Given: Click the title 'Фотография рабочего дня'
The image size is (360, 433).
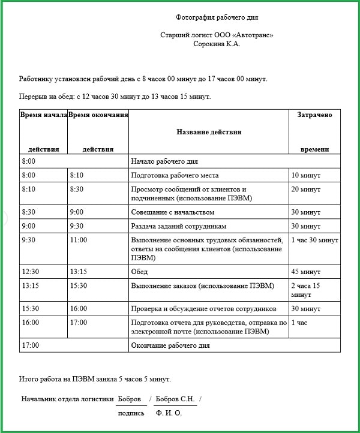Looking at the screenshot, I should tap(217, 17).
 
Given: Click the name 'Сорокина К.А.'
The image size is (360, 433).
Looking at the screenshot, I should tap(217, 44).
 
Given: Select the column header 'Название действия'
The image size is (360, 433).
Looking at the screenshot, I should tap(209, 132).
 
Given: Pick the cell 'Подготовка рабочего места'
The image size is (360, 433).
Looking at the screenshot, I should tap(175, 175).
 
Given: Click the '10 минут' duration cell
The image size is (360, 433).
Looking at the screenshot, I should tap(305, 175).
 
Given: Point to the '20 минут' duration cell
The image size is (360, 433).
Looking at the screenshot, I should tap(305, 189).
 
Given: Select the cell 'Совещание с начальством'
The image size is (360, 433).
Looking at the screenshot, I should tap(173, 212).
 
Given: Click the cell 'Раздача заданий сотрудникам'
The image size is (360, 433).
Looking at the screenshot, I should tap(178, 226).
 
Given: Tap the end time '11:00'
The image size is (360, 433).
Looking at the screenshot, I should tap(79, 240).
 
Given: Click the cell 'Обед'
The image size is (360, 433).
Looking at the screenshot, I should tap(139, 272).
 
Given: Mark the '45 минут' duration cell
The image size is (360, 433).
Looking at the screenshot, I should tap(305, 272).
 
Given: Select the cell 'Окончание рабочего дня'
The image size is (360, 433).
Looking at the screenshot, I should tap(170, 345).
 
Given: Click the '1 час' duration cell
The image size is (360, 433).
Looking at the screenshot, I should tap(299, 323).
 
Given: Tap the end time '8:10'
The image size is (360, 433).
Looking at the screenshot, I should tap(77, 175).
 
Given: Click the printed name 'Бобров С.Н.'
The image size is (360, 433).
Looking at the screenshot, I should tap(176, 398).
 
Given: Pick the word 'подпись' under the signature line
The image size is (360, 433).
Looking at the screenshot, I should tap(131, 413).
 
